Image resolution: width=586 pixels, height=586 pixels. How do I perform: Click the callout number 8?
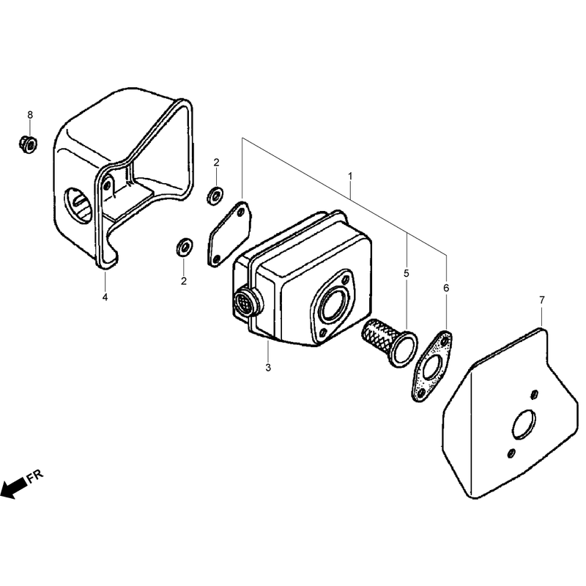pyautogui.click(x=30, y=115)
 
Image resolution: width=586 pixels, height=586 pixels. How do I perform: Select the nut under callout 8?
pyautogui.click(x=28, y=144)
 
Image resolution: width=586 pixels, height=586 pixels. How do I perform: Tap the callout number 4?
pyautogui.click(x=105, y=297)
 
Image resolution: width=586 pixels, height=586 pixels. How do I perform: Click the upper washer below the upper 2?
pyautogui.click(x=215, y=196)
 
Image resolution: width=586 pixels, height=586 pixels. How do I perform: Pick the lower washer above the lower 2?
pyautogui.click(x=185, y=247)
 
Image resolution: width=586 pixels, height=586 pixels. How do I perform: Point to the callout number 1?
pyautogui.click(x=350, y=176)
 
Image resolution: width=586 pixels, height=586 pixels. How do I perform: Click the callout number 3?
pyautogui.click(x=268, y=368)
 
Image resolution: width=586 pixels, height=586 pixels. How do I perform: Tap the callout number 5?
pyautogui.click(x=407, y=273)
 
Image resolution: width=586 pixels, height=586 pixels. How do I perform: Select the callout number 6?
pyautogui.click(x=446, y=288)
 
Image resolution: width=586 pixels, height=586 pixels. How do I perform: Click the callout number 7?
pyautogui.click(x=541, y=300)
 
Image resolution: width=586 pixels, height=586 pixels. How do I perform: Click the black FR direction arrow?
pyautogui.click(x=14, y=488)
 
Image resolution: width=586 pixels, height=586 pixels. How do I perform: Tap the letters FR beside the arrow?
pyautogui.click(x=35, y=477)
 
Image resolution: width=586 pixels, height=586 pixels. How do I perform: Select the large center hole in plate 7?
pyautogui.click(x=524, y=424)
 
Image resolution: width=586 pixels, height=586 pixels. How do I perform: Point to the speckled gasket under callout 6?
pyautogui.click(x=432, y=366)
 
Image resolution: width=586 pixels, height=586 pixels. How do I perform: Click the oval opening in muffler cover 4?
pyautogui.click(x=79, y=206)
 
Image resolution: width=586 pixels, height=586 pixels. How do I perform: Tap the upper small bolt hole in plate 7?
pyautogui.click(x=535, y=394)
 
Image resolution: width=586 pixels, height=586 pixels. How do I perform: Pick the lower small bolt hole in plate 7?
pyautogui.click(x=511, y=453)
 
